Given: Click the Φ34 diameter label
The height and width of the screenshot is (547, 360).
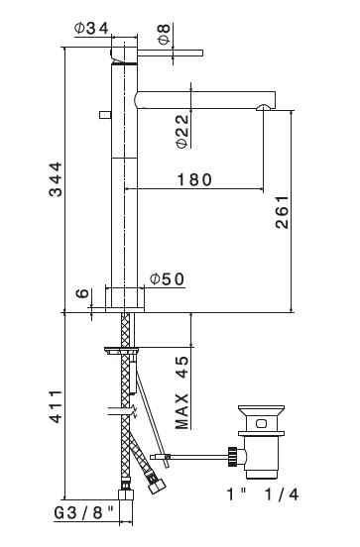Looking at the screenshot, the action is [x=91, y=29].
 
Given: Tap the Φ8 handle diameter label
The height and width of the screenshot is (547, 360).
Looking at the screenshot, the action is [x=164, y=34].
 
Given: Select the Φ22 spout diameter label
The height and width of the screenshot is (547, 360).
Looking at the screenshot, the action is [x=182, y=132].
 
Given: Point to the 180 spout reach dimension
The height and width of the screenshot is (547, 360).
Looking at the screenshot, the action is [x=194, y=179].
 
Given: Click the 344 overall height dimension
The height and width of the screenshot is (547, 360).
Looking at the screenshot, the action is [x=56, y=179].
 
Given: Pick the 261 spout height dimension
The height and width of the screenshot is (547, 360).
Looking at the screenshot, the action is [x=282, y=212].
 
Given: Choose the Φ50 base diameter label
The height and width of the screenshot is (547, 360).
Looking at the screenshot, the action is [x=167, y=279].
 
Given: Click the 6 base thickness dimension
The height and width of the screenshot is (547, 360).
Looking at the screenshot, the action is [x=82, y=293].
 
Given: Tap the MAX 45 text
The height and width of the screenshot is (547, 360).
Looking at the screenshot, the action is [x=181, y=392].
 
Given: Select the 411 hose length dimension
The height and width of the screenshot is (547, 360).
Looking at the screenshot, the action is [x=56, y=406].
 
